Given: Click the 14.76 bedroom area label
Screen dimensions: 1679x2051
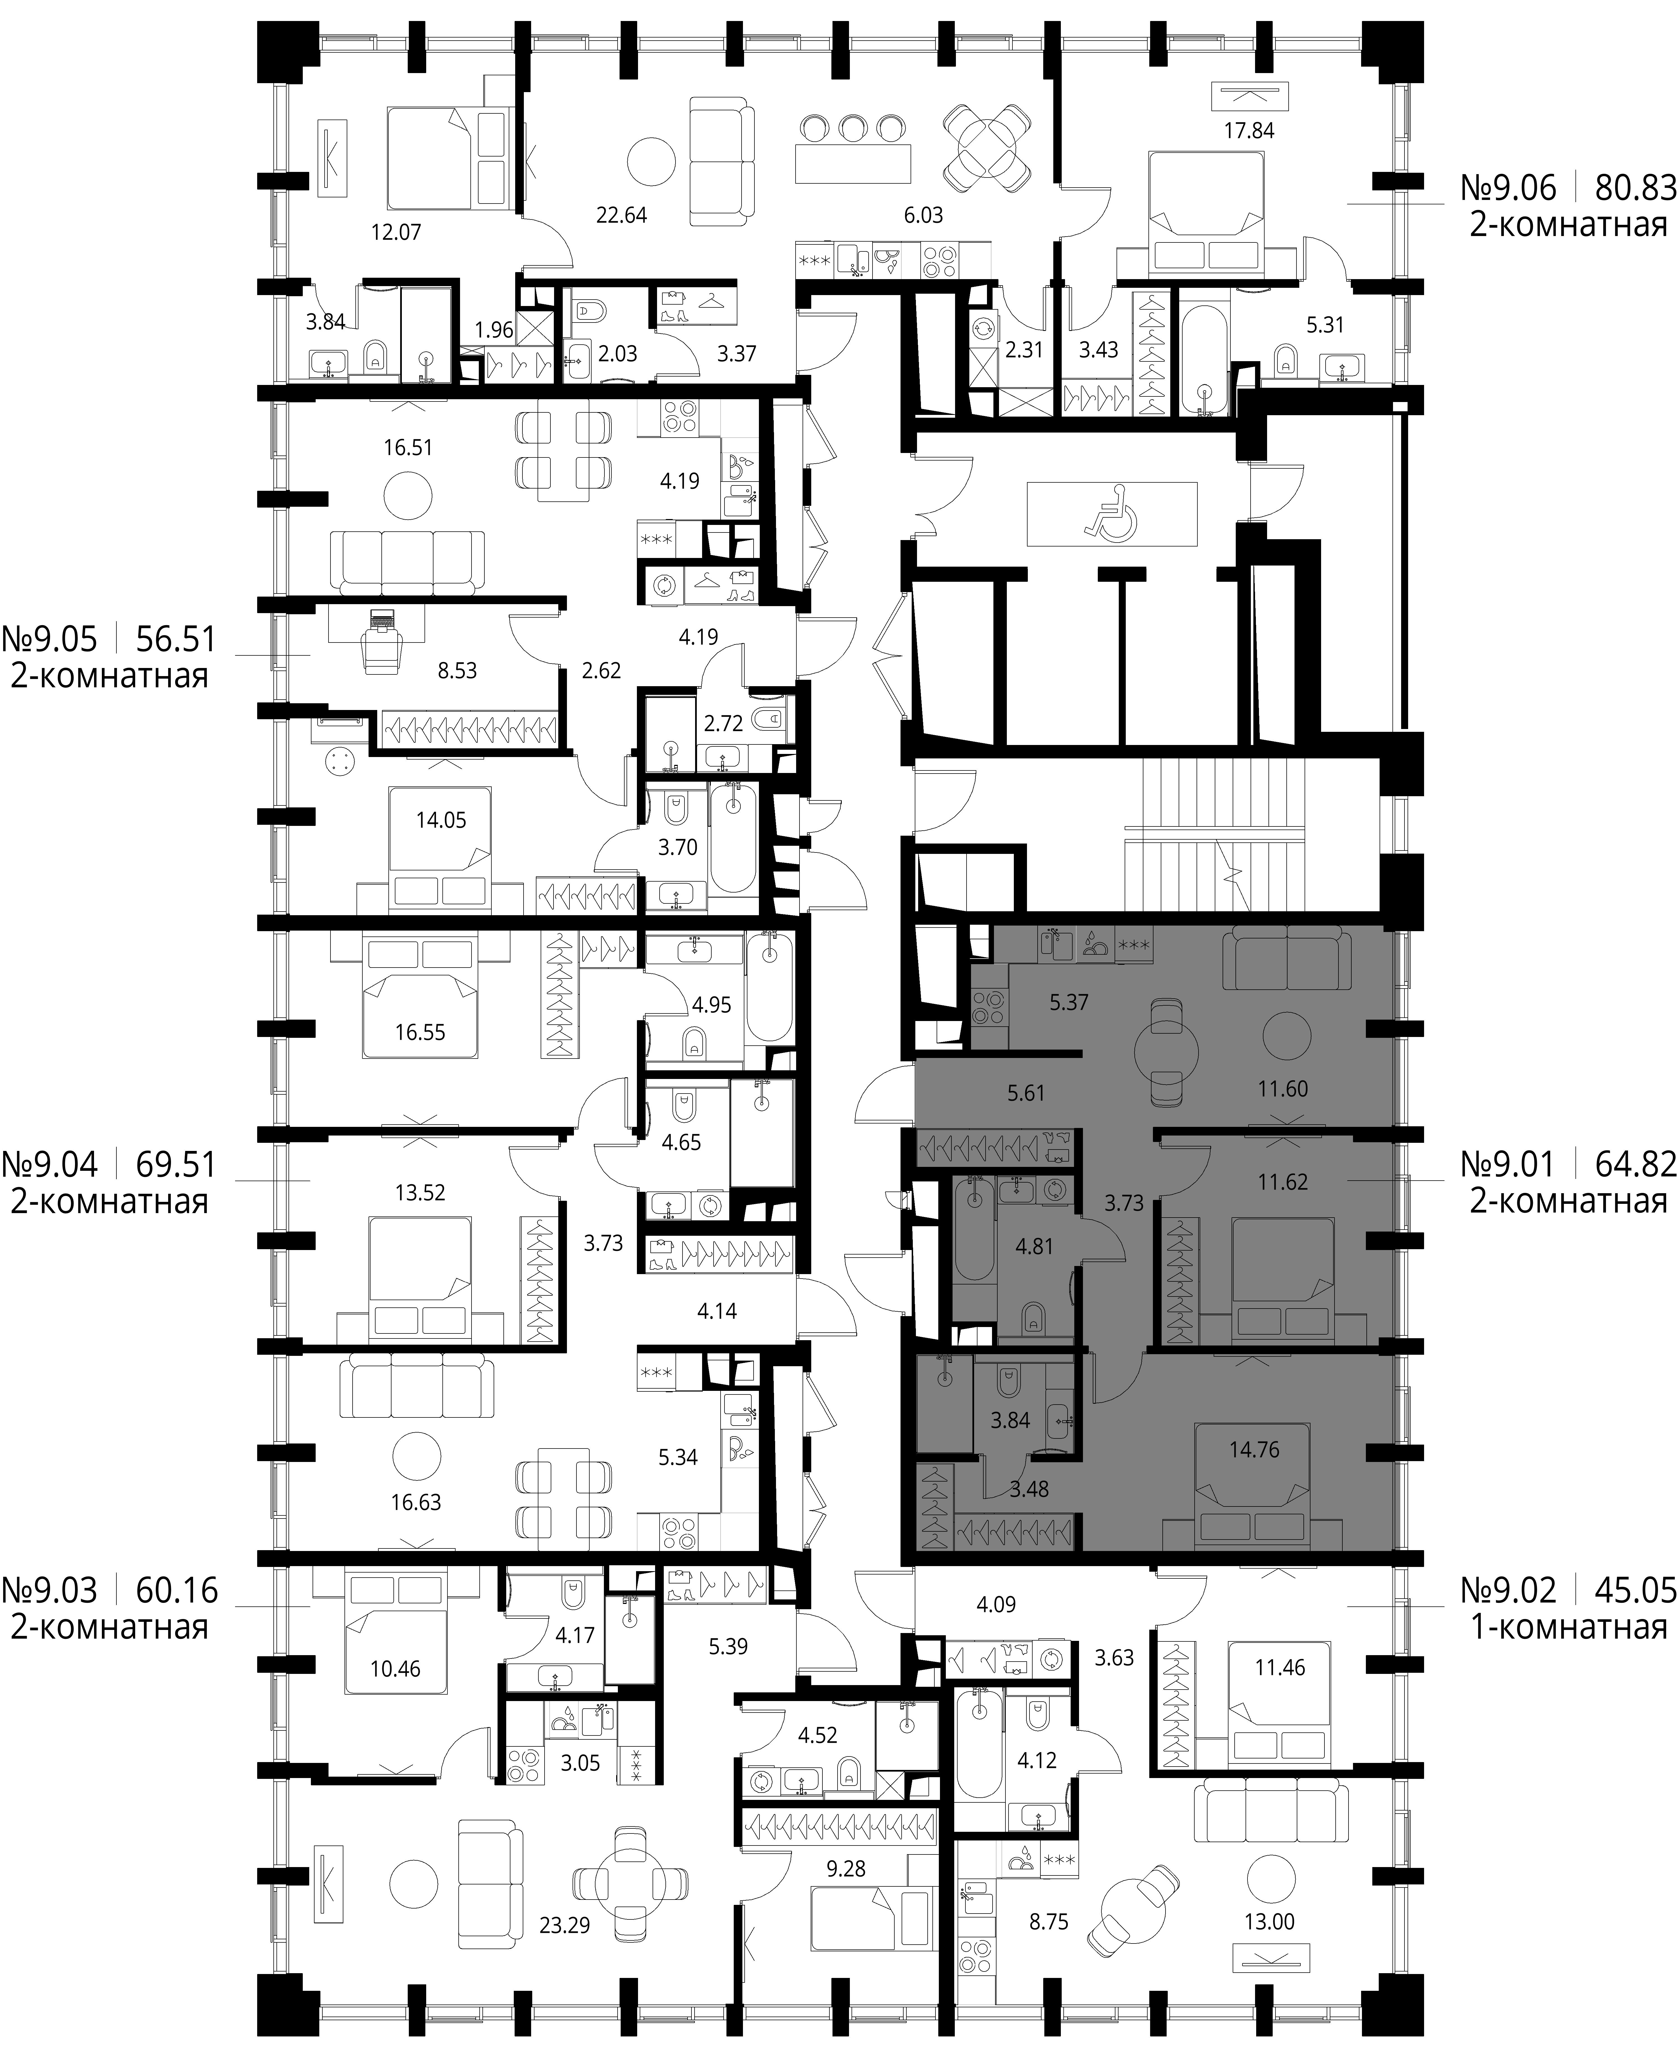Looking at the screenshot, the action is (1254, 1476).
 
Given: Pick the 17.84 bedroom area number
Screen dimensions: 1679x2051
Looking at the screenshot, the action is (1249, 131).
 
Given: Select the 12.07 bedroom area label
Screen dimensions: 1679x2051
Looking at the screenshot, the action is (397, 232).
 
